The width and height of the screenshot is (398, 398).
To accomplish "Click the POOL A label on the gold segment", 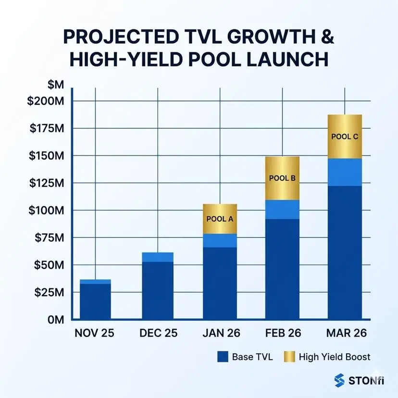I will [x=220, y=219].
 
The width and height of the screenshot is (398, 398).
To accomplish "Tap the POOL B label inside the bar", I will [x=282, y=178].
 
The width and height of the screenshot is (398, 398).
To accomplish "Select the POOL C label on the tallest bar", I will [x=345, y=136].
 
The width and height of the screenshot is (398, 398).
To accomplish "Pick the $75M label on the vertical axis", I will [x=52, y=237].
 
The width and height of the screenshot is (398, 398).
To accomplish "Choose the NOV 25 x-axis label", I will [x=95, y=333].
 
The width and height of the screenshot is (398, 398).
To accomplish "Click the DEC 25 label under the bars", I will [x=158, y=333].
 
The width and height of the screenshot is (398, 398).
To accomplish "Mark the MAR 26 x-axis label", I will [x=345, y=333].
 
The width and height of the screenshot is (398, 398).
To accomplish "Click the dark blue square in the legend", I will [x=222, y=357].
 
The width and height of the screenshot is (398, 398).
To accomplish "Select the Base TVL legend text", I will [x=252, y=357].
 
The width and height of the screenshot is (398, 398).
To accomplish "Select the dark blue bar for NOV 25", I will [x=95, y=301].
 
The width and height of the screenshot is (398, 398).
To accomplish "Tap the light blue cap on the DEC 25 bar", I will [x=158, y=257].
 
